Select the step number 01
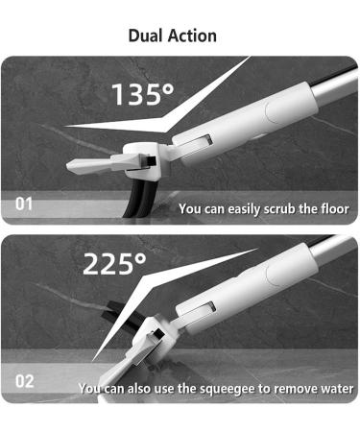tap(23, 204)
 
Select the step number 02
tap(23, 381)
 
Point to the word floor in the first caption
tap(333, 208)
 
